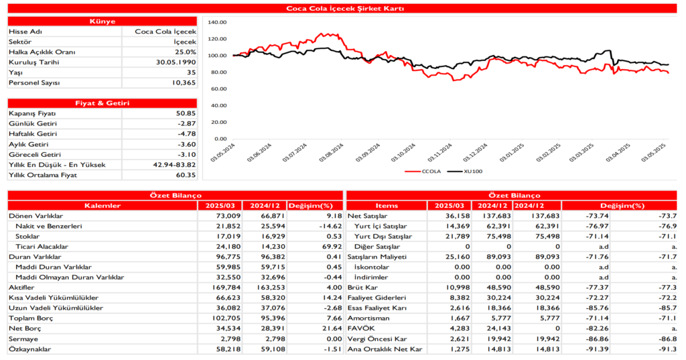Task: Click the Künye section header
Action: [102, 21]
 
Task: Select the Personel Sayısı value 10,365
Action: [183, 82]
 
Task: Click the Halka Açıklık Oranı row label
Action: [42, 52]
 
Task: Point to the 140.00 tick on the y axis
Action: [218, 22]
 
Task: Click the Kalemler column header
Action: [102, 205]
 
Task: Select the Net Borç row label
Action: [24, 328]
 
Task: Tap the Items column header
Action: [387, 205]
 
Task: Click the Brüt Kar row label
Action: [361, 288]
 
